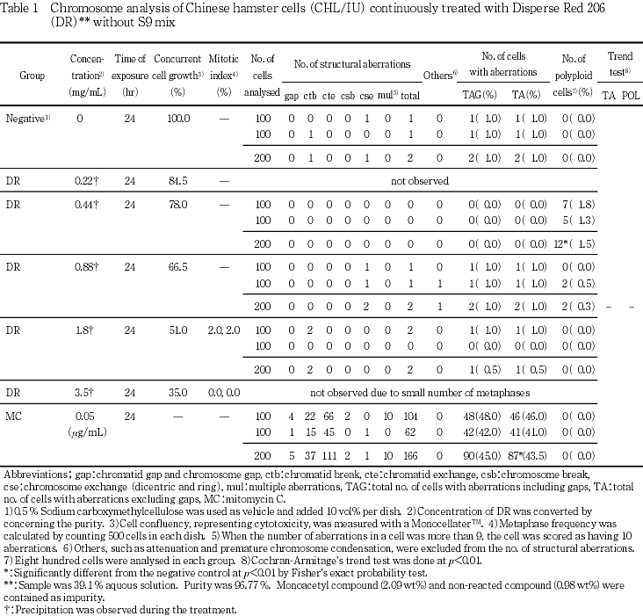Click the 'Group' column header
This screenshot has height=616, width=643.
33,76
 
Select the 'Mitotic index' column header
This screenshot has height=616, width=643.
223,76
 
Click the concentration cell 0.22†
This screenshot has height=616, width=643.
87,180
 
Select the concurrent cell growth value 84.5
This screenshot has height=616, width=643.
178,180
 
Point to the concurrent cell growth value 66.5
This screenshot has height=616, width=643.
178,265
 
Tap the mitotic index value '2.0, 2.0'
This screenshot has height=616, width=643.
224,330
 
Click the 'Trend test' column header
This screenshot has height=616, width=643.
620,64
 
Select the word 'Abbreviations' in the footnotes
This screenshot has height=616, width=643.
33,475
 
